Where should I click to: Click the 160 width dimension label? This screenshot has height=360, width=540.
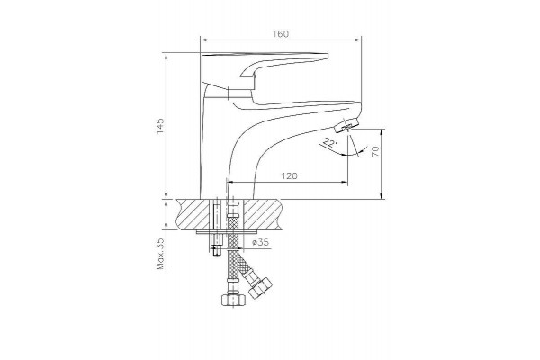[x=281, y=34]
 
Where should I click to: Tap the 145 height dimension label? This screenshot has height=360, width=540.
[x=160, y=126]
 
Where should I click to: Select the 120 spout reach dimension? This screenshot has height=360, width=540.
[x=289, y=176]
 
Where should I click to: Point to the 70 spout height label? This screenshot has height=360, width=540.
[x=375, y=151]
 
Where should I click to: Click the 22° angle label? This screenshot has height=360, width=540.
[x=329, y=142]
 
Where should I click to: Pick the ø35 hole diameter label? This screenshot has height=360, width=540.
[x=260, y=242]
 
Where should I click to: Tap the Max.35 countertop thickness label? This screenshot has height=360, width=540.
[x=160, y=254]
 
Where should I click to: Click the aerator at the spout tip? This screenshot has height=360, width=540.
[x=346, y=124]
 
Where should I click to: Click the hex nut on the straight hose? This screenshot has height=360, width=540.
[x=233, y=300]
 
